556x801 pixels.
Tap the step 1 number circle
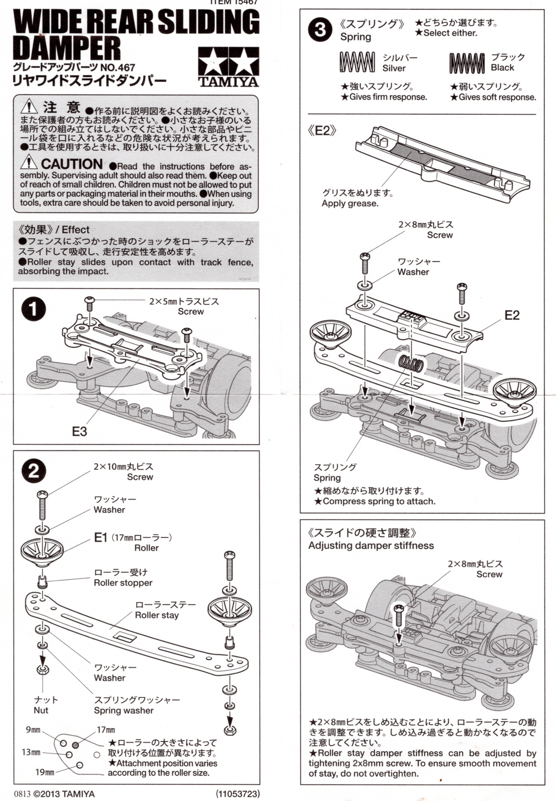[34, 309]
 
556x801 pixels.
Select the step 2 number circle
[34, 471]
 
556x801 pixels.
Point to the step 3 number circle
[320, 30]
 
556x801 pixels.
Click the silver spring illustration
[357, 62]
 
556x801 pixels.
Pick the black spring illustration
[467, 63]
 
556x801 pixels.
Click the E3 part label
[79, 431]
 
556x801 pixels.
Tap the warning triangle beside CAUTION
[28, 163]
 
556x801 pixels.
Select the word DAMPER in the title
[67, 48]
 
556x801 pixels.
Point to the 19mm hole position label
[45, 772]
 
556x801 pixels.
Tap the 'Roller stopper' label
[123, 582]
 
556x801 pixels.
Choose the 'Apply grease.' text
[350, 203]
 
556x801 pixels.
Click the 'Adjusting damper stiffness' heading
[371, 545]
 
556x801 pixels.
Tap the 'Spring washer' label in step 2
[124, 711]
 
